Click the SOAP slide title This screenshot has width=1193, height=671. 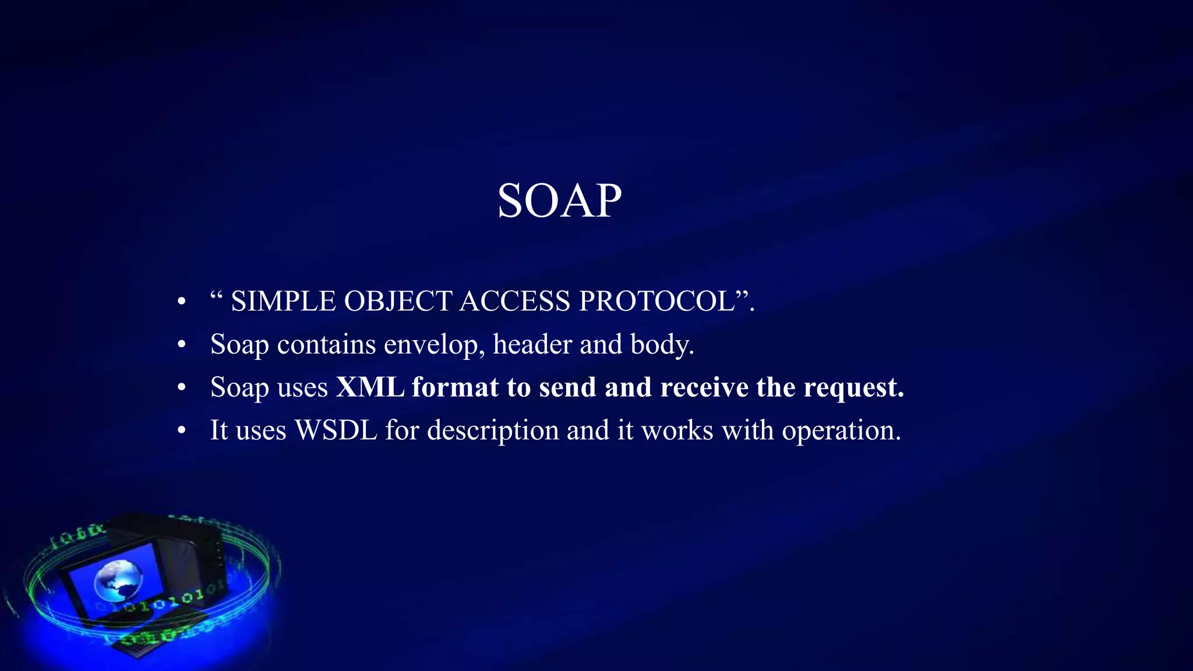tap(559, 201)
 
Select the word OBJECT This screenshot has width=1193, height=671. tap(398, 302)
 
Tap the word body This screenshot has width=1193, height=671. tap(662, 345)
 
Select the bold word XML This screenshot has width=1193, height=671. tap(370, 387)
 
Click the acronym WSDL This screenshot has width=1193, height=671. tap(336, 430)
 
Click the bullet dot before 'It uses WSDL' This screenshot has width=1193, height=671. tap(182, 431)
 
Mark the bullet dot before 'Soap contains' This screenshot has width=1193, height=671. tap(182, 345)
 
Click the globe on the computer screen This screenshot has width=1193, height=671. tap(118, 580)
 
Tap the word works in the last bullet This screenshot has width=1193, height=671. tap(677, 430)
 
